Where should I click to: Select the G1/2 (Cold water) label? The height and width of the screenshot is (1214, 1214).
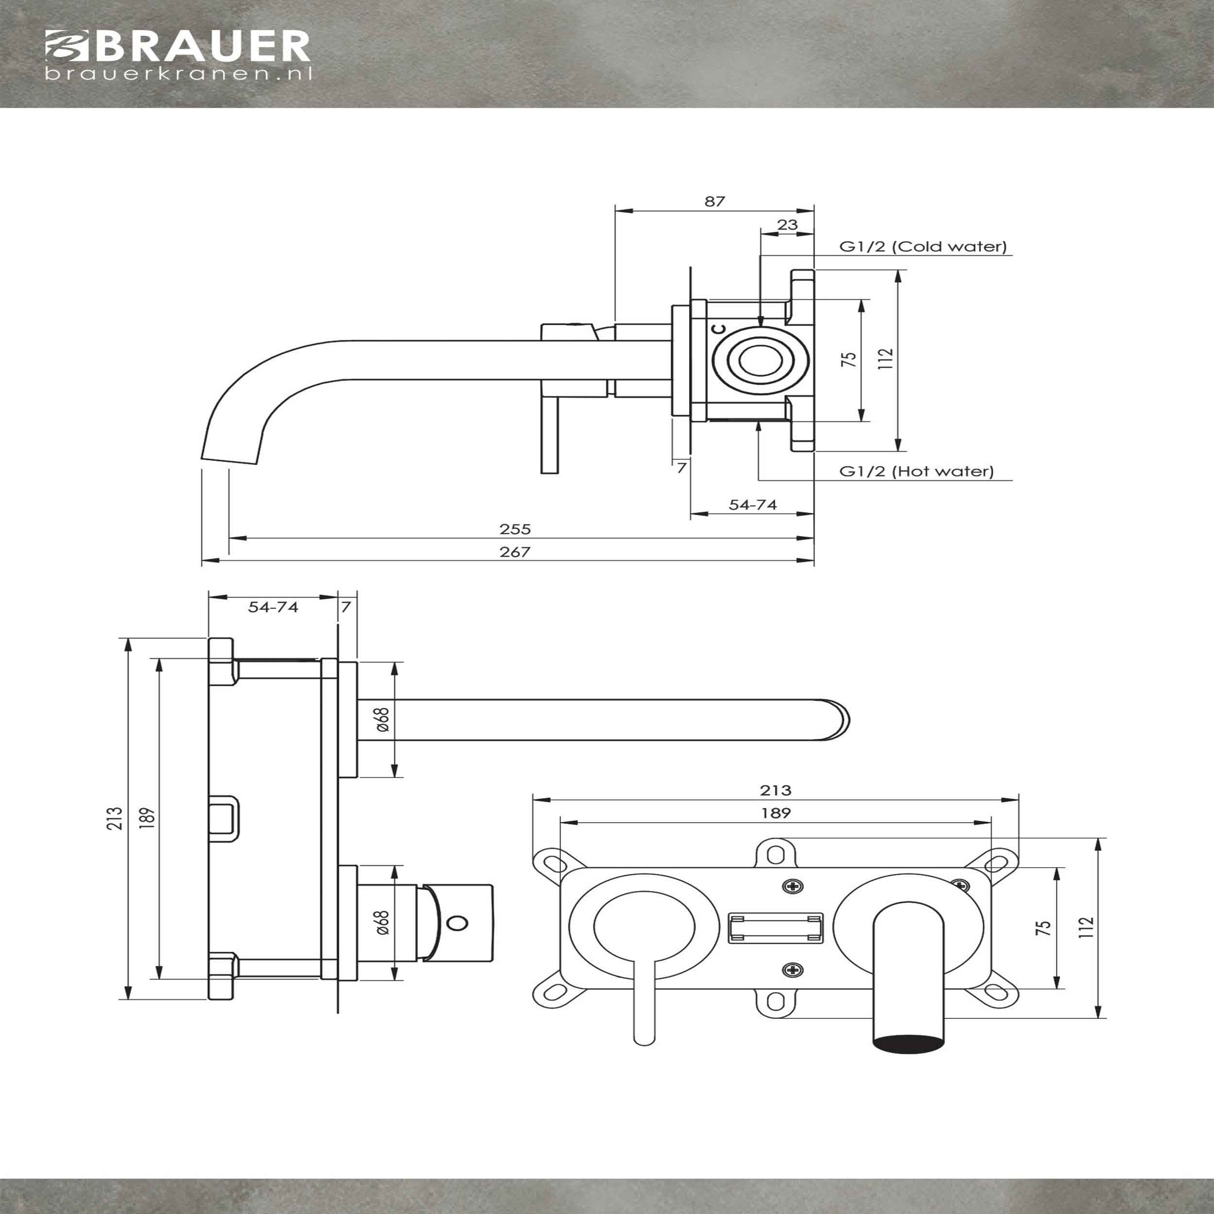[923, 246]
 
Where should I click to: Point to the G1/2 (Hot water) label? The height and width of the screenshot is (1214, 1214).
[917, 471]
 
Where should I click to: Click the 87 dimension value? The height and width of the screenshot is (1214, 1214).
[714, 201]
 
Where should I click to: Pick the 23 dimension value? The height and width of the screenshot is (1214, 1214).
[787, 224]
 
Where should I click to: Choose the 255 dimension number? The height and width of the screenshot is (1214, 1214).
[515, 529]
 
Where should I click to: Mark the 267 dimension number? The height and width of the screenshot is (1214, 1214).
[515, 552]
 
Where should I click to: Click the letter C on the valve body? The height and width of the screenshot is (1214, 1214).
[720, 329]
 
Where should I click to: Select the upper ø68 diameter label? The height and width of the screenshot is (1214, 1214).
[382, 720]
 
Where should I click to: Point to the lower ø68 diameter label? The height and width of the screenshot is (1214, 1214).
[382, 923]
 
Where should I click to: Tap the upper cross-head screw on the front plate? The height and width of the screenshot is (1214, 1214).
[793, 887]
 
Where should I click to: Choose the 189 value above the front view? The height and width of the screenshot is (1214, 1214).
[776, 813]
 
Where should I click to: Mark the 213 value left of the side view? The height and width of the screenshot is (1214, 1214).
[115, 819]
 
